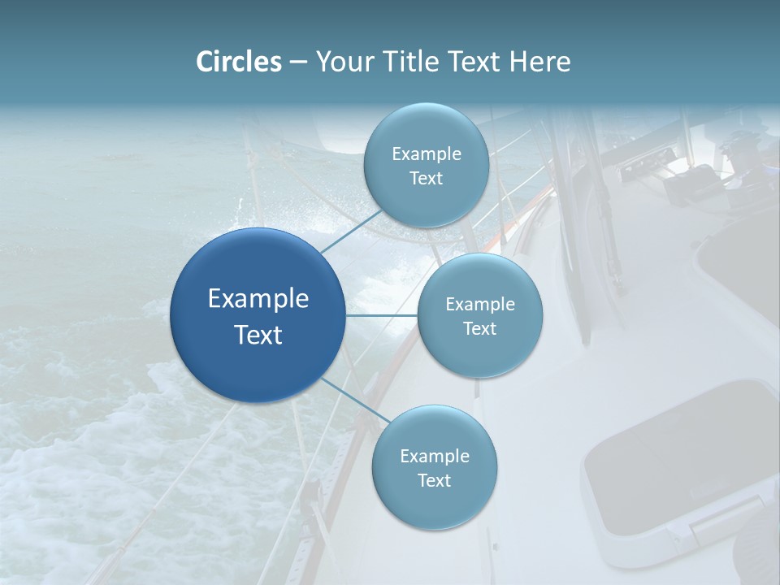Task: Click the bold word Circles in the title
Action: click(238, 62)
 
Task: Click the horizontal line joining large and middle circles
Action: click(382, 315)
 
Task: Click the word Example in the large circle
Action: click(258, 298)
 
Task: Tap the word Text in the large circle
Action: click(258, 335)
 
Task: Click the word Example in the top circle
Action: click(426, 154)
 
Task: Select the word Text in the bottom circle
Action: click(434, 480)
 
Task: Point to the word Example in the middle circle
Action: click(480, 304)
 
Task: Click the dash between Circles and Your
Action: click(298, 62)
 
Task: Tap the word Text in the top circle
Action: click(426, 178)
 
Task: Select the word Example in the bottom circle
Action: click(434, 456)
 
